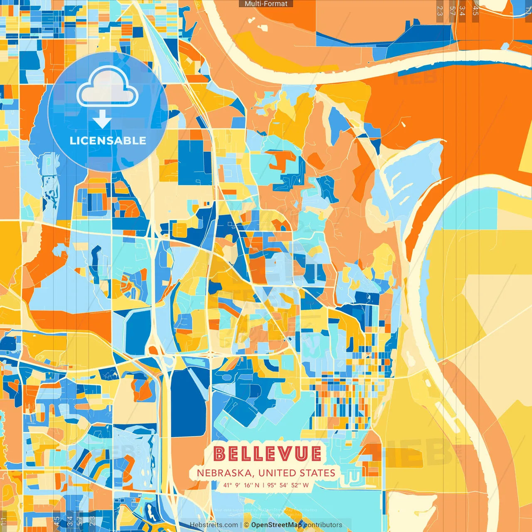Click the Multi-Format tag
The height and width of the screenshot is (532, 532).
click(266, 4)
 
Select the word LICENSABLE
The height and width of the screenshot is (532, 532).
click(108, 140)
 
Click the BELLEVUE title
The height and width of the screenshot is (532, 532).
click(267, 454)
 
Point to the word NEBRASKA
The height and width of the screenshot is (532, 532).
click(224, 473)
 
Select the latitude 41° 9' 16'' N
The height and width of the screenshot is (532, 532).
click(241, 485)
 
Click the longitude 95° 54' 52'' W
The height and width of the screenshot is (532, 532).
click(288, 485)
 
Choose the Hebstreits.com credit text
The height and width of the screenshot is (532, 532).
click(214, 525)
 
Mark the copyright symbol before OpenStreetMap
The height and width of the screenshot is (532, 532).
click(246, 525)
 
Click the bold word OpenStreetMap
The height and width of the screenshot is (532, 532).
click(276, 525)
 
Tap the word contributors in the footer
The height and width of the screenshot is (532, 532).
click(323, 525)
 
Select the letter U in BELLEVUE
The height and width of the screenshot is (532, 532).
click(301, 454)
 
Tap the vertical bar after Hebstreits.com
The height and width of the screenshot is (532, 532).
click(241, 525)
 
